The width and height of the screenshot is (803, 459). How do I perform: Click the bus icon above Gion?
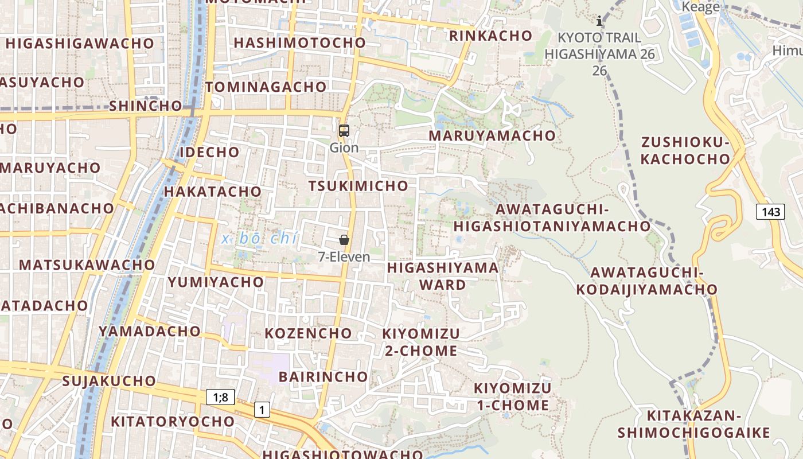click(x=344, y=131)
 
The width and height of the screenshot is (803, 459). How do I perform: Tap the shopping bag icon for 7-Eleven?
click(x=344, y=240)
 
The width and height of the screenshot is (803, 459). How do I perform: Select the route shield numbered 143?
click(x=770, y=212)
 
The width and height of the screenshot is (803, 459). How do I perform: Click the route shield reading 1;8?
click(x=220, y=397)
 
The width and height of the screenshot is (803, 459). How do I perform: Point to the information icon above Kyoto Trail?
click(x=599, y=21)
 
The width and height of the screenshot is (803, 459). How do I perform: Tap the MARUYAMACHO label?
click(x=492, y=136)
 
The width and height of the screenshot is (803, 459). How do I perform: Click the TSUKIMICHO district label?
click(x=358, y=186)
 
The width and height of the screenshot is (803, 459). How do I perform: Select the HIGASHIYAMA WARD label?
click(x=443, y=276)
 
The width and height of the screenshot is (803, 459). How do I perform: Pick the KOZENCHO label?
click(x=308, y=333)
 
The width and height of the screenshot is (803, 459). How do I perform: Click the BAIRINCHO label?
click(x=323, y=377)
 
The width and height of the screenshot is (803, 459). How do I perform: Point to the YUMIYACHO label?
click(x=216, y=282)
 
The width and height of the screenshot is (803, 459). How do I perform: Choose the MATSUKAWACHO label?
click(x=87, y=265)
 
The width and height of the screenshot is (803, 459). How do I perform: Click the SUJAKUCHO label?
click(x=109, y=381)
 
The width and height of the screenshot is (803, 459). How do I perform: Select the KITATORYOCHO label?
click(x=173, y=422)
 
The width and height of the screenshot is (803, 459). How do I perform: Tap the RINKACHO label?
click(x=491, y=36)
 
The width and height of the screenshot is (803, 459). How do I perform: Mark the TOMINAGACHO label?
click(x=266, y=87)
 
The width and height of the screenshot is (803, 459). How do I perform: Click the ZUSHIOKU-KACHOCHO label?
click(x=685, y=151)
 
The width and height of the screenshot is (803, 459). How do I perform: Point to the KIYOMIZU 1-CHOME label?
click(x=512, y=396)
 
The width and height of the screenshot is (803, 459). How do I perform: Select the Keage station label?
click(x=700, y=7)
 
